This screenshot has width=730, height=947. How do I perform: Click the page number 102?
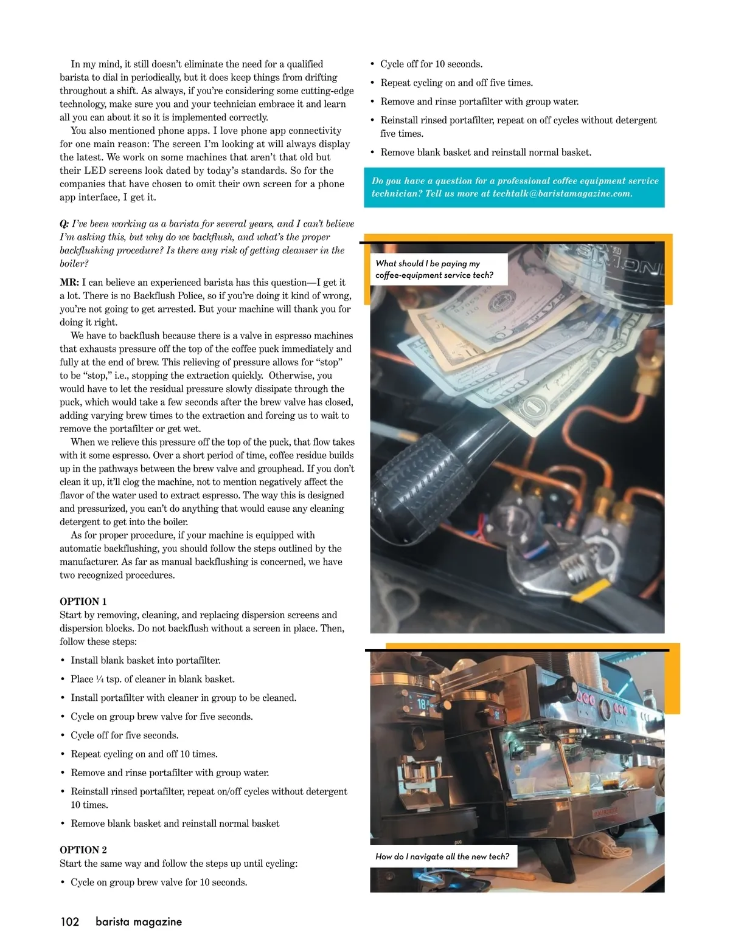[70, 921]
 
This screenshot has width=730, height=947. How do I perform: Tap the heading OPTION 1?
[83, 601]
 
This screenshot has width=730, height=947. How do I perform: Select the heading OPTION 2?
[83, 850]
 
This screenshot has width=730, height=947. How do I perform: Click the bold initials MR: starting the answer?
[69, 282]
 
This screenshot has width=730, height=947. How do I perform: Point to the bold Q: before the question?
[64, 224]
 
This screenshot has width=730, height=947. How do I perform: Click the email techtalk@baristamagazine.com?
[562, 194]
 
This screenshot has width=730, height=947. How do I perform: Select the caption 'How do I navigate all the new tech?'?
[442, 856]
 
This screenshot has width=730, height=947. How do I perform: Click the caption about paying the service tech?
[434, 269]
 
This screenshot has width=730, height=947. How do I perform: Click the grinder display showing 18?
[422, 705]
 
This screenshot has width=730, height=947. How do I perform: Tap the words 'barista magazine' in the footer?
[139, 921]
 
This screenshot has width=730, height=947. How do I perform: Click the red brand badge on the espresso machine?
[605, 813]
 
